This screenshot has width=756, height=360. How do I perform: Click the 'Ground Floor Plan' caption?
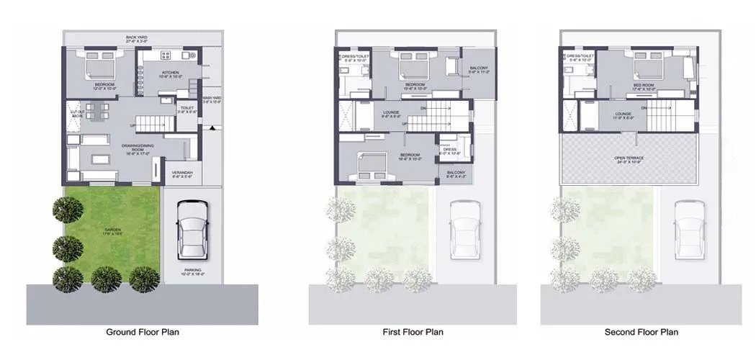point(143,332)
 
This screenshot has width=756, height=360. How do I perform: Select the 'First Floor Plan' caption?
point(413,332)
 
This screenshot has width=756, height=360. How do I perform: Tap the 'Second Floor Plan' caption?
point(641,332)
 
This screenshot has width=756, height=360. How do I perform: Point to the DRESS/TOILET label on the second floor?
point(580,56)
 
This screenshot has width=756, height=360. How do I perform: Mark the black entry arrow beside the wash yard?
point(213,127)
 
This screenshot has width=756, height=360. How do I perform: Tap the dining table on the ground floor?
point(99,111)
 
